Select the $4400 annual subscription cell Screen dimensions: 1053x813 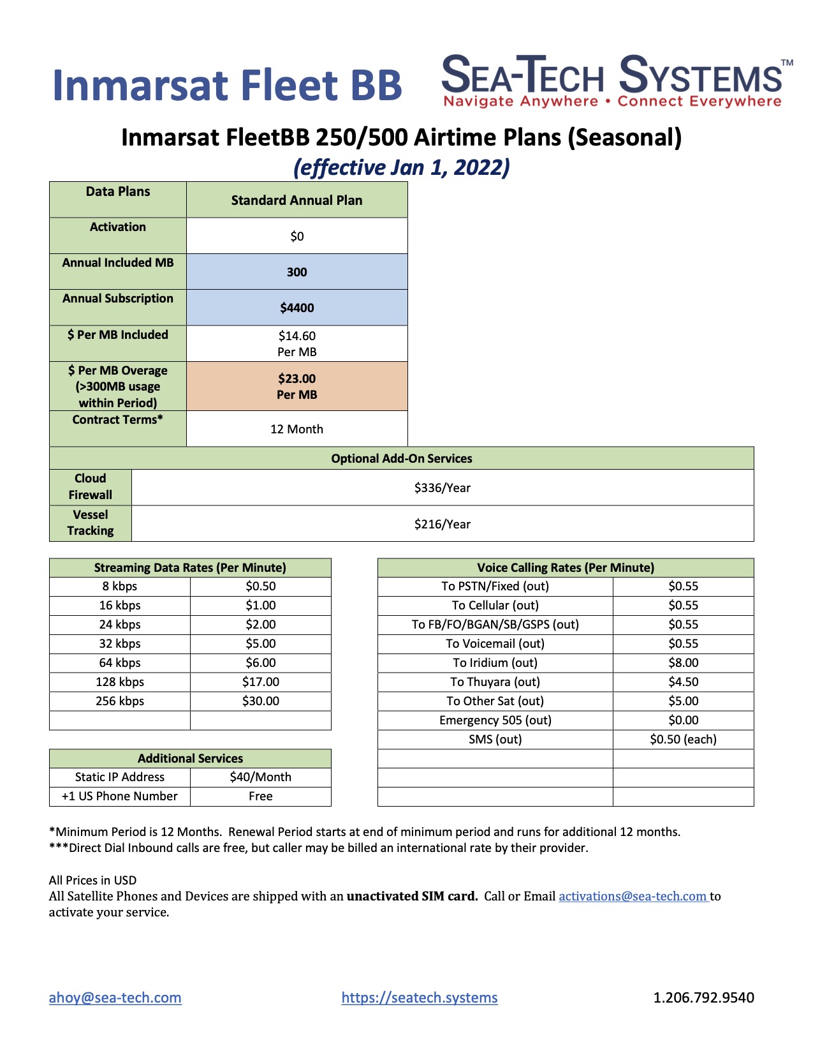[x=297, y=308]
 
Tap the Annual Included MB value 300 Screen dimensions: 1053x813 [x=297, y=272]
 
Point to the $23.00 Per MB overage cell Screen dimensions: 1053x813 [x=297, y=386]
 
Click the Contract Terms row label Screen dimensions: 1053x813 [x=118, y=420]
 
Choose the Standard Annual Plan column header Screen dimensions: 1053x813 [x=297, y=200]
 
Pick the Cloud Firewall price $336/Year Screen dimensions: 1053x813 [x=442, y=488]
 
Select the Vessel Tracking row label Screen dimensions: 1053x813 [x=91, y=523]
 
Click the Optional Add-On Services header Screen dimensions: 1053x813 [x=402, y=458]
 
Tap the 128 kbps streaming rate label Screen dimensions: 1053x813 [x=120, y=682]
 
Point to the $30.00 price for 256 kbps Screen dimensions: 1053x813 [x=261, y=701]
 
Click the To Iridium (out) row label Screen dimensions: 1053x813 [x=495, y=662]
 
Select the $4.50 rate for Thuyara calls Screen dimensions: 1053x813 [x=683, y=682]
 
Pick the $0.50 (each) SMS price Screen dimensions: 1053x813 [x=683, y=739]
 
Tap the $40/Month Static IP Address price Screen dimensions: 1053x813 [x=260, y=777]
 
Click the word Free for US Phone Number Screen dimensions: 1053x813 [x=260, y=796]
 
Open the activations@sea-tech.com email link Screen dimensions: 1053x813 [x=633, y=896]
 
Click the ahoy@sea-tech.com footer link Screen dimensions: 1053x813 [x=115, y=997]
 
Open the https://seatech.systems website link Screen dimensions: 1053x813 [x=420, y=997]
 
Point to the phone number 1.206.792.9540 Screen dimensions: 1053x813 [x=703, y=997]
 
